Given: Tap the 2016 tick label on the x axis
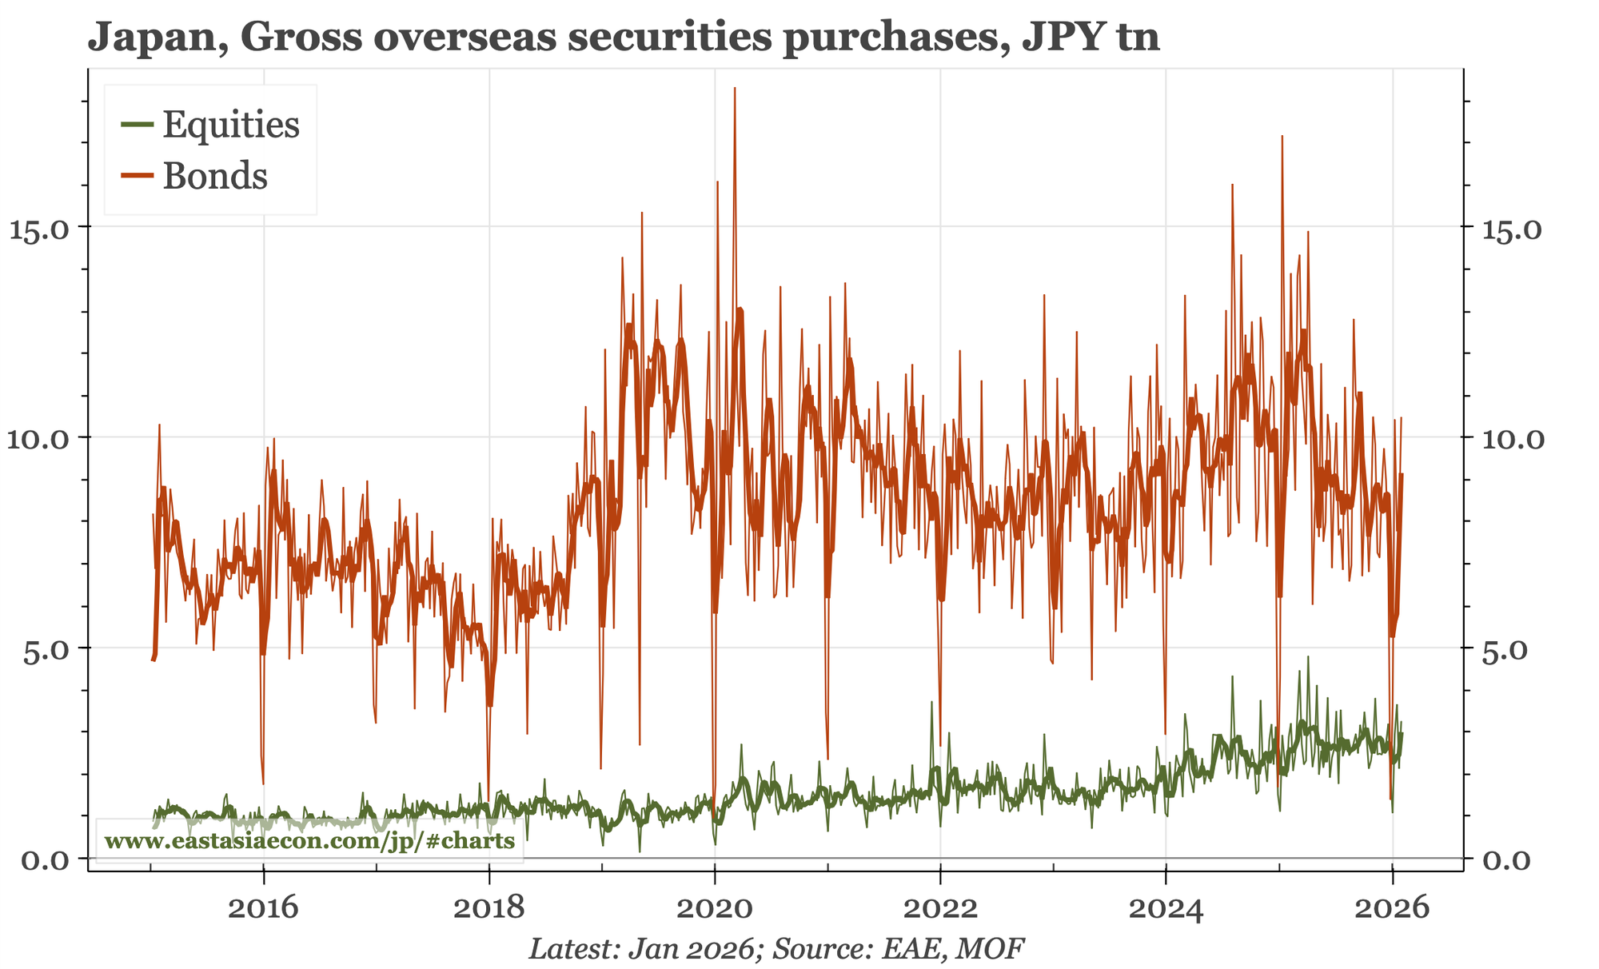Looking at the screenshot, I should point(262,909).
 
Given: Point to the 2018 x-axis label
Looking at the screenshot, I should point(488,909).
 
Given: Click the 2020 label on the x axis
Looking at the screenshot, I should point(715,909).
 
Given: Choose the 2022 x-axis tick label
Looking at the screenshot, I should point(940,909).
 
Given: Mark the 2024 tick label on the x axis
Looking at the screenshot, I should point(1166,909).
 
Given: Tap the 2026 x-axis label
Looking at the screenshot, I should point(1392,909).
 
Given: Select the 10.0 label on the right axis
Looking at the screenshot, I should point(1510,438).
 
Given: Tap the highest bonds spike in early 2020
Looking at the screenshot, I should point(734,90).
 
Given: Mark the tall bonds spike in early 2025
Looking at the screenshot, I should point(1282,138).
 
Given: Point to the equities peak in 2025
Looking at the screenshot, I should point(1308,658).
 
